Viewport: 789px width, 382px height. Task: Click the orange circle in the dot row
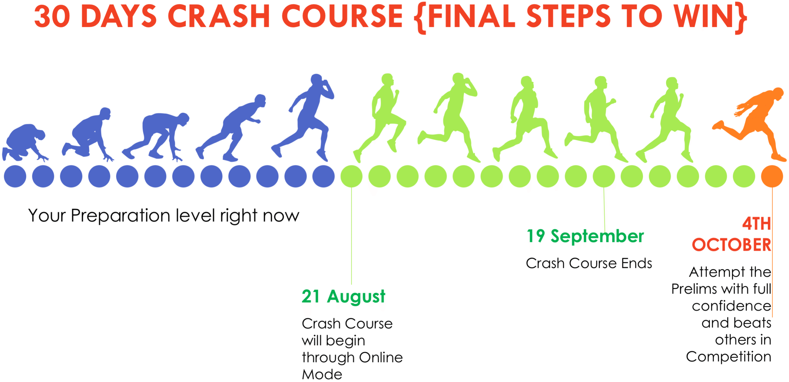[x=772, y=176]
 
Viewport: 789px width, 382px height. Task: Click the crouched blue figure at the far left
[x=25, y=142]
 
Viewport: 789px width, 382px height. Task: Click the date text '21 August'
[x=343, y=297]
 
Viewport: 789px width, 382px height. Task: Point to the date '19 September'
[x=585, y=236]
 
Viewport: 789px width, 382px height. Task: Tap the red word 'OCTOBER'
[x=731, y=245]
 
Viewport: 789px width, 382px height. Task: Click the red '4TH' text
[x=756, y=224]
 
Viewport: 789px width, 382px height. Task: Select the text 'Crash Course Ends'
[x=589, y=263]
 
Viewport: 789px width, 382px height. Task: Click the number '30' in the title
[x=52, y=16]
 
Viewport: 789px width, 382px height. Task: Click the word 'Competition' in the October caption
[x=729, y=357]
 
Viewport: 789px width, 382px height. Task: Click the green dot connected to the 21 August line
[x=351, y=176]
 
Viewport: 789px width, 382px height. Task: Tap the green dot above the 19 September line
[x=604, y=176]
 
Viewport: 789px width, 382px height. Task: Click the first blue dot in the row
[x=15, y=176]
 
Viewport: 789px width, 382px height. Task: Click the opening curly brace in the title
[x=420, y=18]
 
